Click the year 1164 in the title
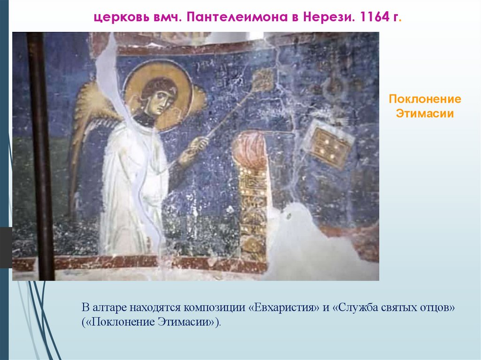tap(374, 18)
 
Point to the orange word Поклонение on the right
tap(425, 100)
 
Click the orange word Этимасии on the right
tap(425, 113)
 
